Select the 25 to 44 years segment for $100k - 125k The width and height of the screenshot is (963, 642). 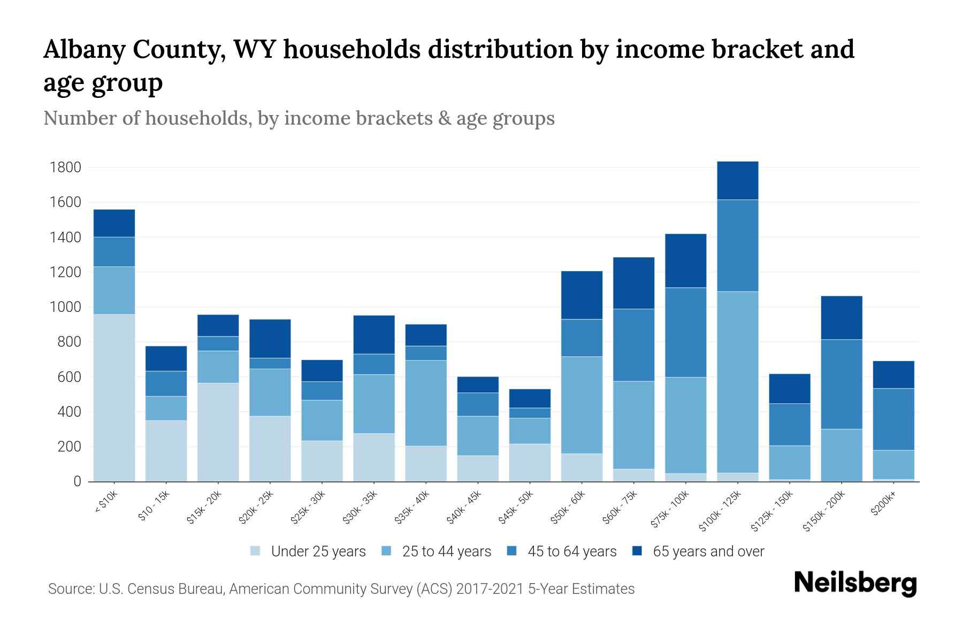pyautogui.click(x=738, y=382)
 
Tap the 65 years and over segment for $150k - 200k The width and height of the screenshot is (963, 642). pyautogui.click(x=842, y=318)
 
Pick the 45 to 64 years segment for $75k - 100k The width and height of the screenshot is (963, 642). pyautogui.click(x=686, y=332)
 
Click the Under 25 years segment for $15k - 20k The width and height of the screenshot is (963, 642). pyautogui.click(x=218, y=432)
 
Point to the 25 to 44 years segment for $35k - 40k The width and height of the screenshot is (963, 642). pyautogui.click(x=426, y=403)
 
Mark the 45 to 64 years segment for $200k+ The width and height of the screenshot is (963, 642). pyautogui.click(x=893, y=419)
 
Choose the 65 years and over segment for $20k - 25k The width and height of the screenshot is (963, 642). pyautogui.click(x=270, y=339)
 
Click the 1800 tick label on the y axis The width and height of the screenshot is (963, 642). pyautogui.click(x=65, y=167)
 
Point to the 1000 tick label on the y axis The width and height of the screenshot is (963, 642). pyautogui.click(x=65, y=307)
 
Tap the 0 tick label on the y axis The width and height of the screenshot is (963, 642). pyautogui.click(x=77, y=481)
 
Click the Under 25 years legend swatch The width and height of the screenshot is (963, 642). pyautogui.click(x=256, y=552)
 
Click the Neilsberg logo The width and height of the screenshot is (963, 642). pyautogui.click(x=855, y=583)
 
